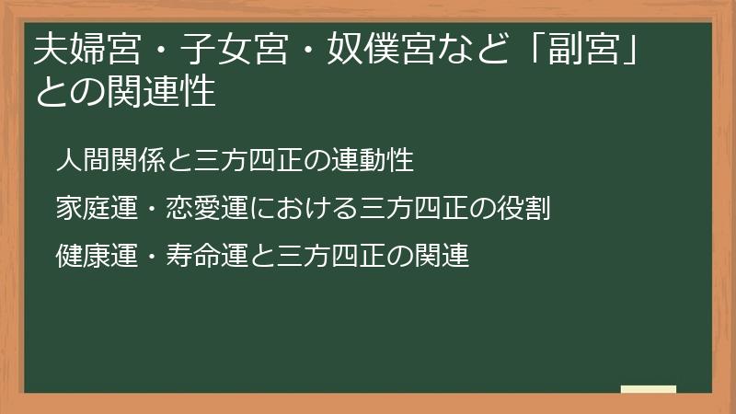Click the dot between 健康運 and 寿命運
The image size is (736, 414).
(x=151, y=255)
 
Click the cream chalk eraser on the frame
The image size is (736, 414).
(x=648, y=389)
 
